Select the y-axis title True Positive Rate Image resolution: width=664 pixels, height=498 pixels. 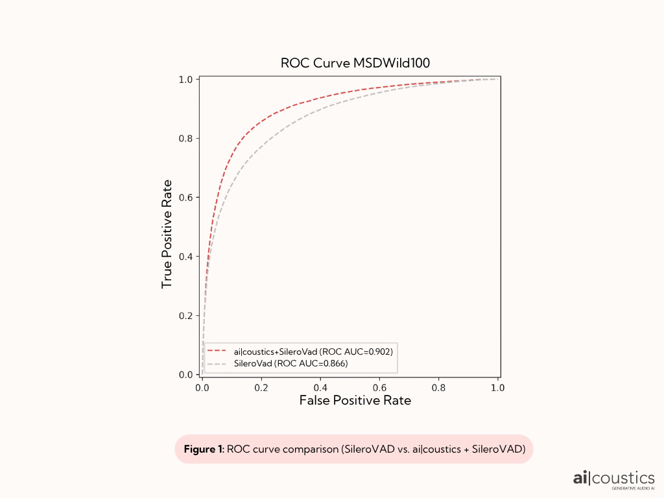pyautogui.click(x=167, y=234)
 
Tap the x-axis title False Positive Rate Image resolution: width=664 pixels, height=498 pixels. pyautogui.click(x=355, y=401)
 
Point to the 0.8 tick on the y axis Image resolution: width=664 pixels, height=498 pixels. pyautogui.click(x=188, y=138)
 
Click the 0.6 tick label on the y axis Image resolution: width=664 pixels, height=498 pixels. pyautogui.click(x=188, y=197)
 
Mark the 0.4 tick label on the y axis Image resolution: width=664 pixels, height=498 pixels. pyautogui.click(x=188, y=256)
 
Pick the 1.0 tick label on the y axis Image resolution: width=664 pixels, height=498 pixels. pyautogui.click(x=188, y=79)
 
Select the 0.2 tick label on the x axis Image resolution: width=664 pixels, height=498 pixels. pyautogui.click(x=261, y=387)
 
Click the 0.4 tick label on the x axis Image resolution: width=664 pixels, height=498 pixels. pyautogui.click(x=320, y=387)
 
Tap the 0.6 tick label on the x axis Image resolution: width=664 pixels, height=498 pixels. pyautogui.click(x=380, y=387)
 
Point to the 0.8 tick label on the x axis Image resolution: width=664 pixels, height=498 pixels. pyautogui.click(x=439, y=387)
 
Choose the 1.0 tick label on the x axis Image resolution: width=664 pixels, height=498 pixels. pyautogui.click(x=498, y=387)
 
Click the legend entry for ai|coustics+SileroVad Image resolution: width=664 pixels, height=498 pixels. pyautogui.click(x=313, y=351)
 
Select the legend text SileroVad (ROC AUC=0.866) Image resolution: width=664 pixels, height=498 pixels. pyautogui.click(x=291, y=364)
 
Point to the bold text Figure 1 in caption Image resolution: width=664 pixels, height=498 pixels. pyautogui.click(x=203, y=449)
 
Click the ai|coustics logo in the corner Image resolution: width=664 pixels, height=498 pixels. pyautogui.click(x=613, y=478)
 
